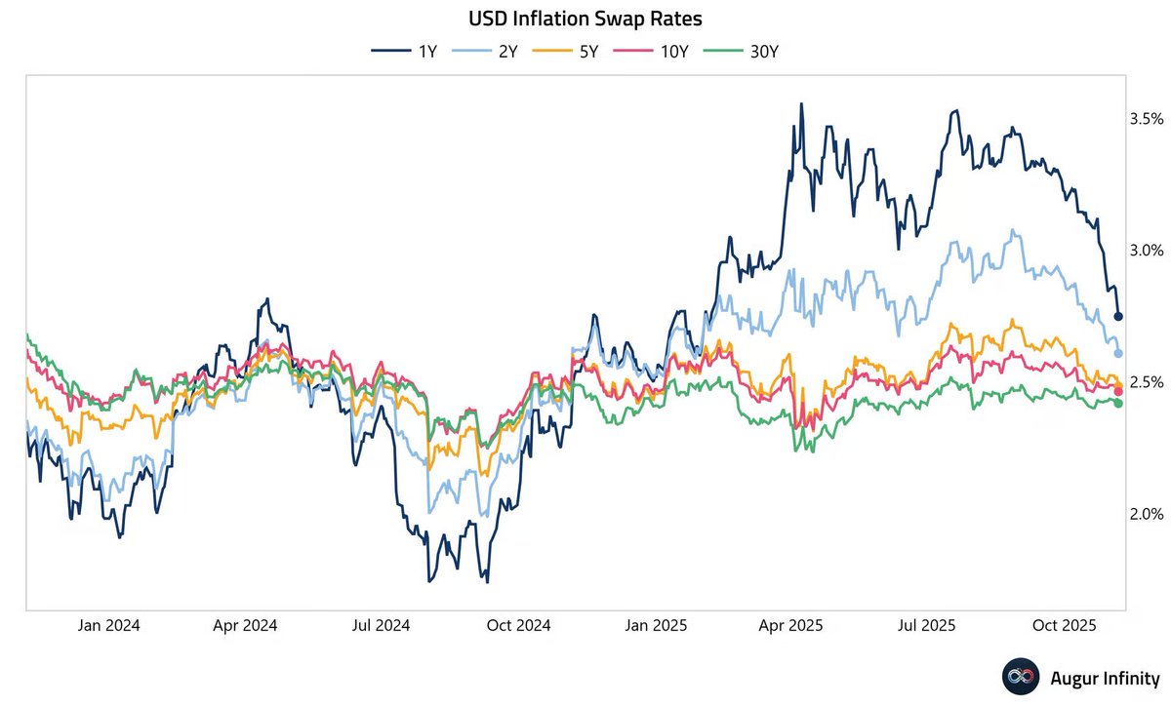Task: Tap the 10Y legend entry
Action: coord(660,51)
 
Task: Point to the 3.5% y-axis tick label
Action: coord(1146,118)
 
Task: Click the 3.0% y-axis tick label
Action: coord(1146,250)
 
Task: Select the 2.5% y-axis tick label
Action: coord(1146,381)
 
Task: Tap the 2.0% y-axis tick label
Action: coord(1146,513)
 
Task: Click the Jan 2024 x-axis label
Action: coord(108,626)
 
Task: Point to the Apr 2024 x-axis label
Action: coord(245,626)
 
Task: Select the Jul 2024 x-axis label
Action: coord(381,626)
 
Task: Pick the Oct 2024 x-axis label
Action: coord(518,626)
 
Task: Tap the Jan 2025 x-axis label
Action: coord(655,626)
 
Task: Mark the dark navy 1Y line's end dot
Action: coord(1118,316)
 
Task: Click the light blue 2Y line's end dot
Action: coord(1118,353)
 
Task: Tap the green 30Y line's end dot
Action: coord(1118,404)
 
